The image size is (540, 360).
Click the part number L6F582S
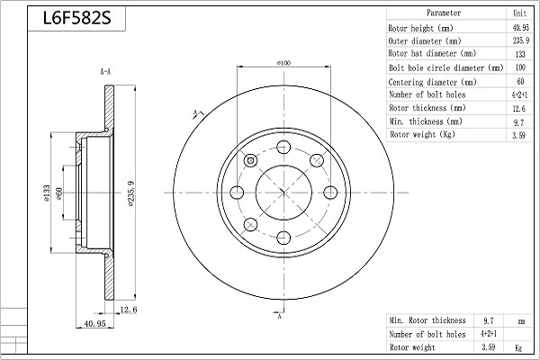[75, 17]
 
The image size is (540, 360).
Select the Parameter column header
[444, 13]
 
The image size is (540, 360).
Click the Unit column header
[518, 13]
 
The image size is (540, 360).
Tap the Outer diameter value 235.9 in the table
[518, 40]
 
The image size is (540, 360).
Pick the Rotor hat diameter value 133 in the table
[518, 54]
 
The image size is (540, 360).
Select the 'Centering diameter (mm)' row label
[432, 81]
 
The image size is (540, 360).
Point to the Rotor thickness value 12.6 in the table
[518, 107]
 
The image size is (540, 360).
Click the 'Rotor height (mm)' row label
[419, 27]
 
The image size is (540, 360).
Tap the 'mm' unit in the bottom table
[518, 319]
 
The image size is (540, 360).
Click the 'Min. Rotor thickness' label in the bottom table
[427, 319]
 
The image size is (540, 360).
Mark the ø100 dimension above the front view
[283, 62]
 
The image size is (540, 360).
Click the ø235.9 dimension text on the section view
[131, 192]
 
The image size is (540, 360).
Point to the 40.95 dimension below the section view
[95, 322]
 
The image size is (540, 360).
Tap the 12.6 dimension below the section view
[129, 310]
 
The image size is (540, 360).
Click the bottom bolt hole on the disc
[283, 237]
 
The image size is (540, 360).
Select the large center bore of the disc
[283, 192]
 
